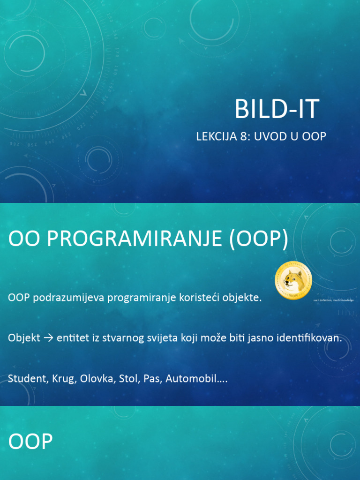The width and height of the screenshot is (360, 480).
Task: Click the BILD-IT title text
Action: coord(277,109)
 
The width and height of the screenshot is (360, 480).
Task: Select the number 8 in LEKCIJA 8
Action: coord(245,136)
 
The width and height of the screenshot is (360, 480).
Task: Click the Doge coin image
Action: coord(293,281)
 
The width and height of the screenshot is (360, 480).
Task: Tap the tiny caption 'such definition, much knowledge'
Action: coord(333,300)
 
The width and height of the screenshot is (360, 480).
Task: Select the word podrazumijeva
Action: coord(69,298)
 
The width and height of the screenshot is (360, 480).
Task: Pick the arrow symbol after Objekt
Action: coord(48,338)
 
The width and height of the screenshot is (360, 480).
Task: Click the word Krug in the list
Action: coord(62,378)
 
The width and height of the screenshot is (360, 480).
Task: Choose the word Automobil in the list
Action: coord(193,378)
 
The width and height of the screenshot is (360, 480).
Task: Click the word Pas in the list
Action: coord(149,378)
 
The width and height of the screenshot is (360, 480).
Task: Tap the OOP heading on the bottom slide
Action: coord(30,442)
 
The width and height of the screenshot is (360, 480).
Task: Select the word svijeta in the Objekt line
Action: coord(161,338)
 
